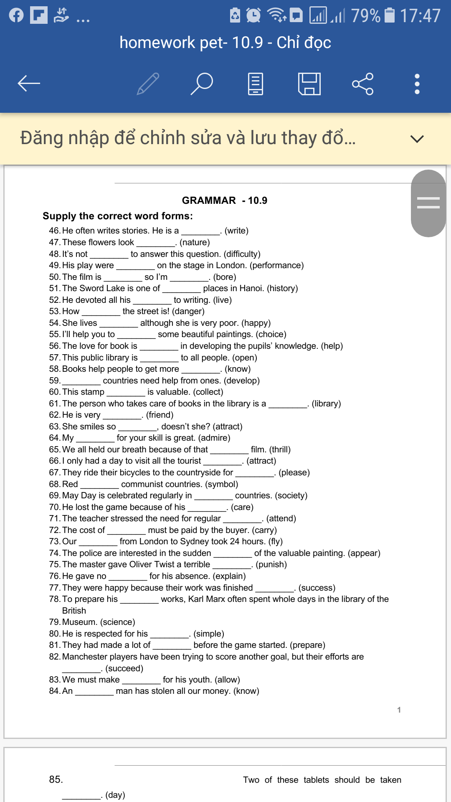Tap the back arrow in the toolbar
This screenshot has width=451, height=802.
(x=29, y=84)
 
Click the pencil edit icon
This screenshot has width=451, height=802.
(x=148, y=84)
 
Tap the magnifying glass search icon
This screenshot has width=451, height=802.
(x=202, y=84)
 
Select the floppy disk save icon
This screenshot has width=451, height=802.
(x=309, y=84)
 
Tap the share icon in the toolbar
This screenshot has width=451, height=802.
(x=362, y=84)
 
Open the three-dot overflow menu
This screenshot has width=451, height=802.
(x=417, y=84)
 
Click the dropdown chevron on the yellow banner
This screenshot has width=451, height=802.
(x=417, y=139)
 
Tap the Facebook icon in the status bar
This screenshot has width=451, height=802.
(x=16, y=15)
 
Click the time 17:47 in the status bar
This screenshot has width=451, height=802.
(x=420, y=16)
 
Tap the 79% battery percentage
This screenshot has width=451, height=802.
(x=366, y=16)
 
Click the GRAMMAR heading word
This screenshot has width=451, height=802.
(x=209, y=200)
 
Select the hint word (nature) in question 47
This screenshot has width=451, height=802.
(x=195, y=242)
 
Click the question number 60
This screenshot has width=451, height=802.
(x=54, y=392)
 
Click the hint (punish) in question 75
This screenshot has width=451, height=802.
(x=271, y=564)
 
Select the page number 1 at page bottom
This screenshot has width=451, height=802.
(x=399, y=710)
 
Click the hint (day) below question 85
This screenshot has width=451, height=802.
(x=115, y=795)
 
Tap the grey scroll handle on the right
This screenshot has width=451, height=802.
(x=428, y=203)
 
